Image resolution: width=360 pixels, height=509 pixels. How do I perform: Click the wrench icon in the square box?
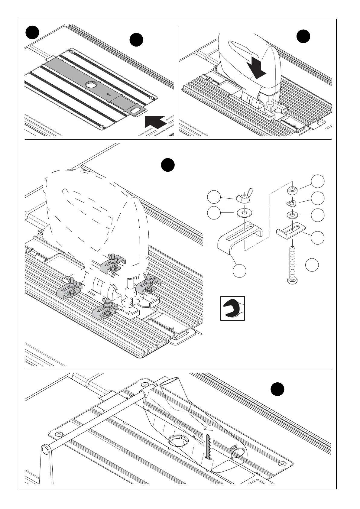[x=232, y=308]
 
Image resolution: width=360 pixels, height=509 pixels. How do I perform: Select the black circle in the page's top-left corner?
[x=32, y=32]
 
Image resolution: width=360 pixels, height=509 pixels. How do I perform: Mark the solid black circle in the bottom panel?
[x=277, y=389]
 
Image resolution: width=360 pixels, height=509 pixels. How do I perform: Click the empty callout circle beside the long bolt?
[x=312, y=265]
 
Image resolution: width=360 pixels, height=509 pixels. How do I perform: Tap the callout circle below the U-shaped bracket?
[x=239, y=270]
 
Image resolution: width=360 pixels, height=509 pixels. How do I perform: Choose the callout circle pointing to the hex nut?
[x=318, y=181]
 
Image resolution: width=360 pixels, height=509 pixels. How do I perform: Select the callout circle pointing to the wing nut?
[x=214, y=197]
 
